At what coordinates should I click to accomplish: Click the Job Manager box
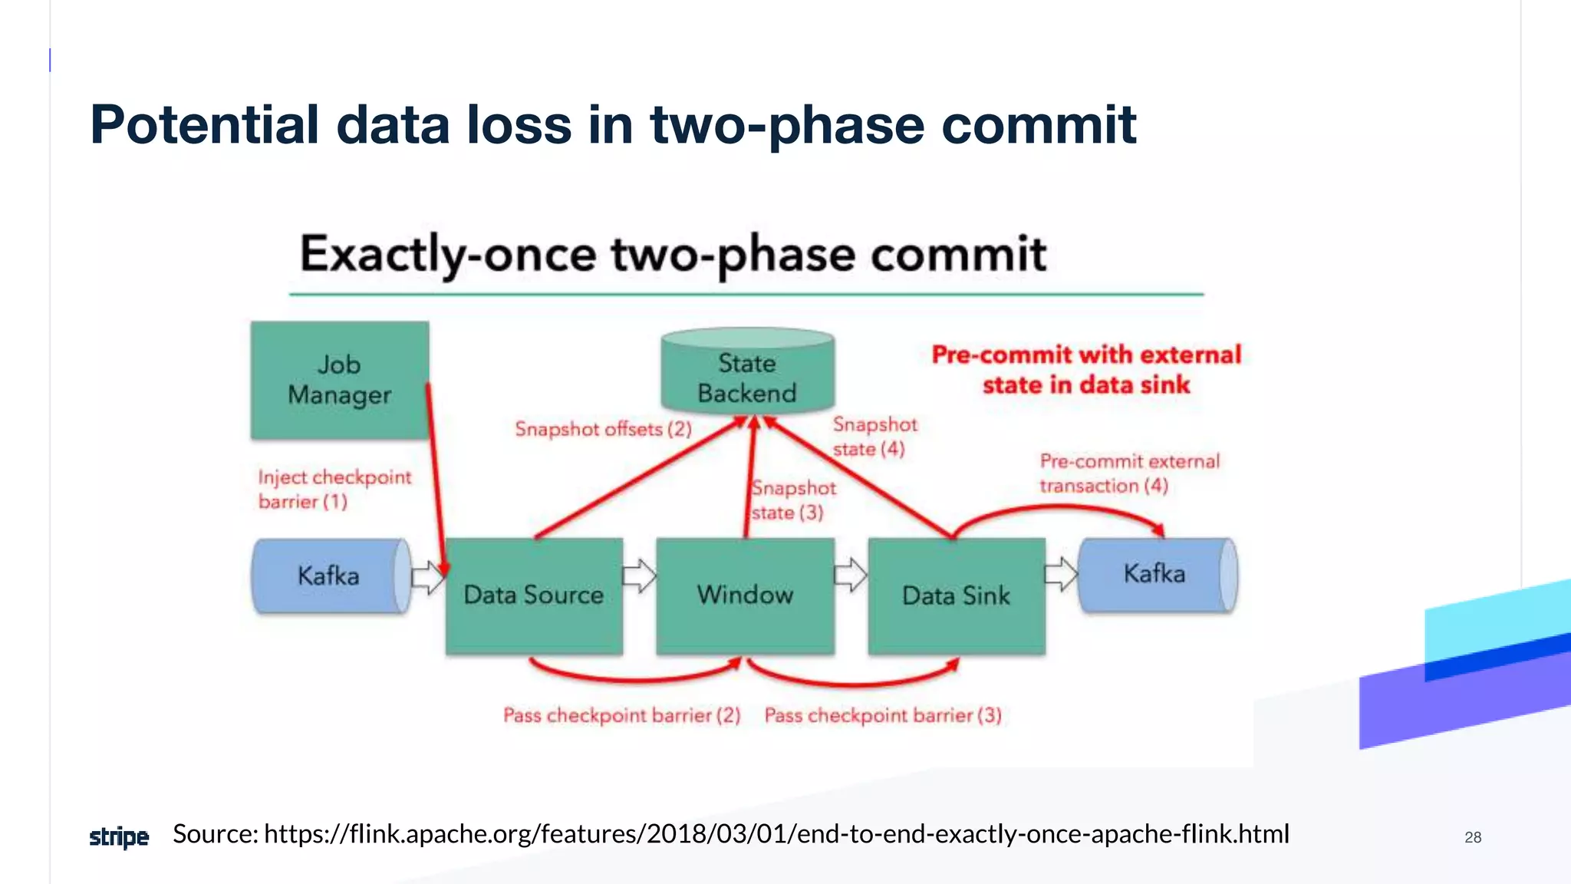pos(339,380)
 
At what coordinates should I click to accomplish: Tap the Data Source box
pos(534,595)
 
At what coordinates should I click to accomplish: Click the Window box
pos(745,595)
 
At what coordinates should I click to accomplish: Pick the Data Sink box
pos(956,595)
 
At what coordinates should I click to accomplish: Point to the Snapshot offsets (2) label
pos(603,429)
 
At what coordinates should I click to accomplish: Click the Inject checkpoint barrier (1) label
pos(334,489)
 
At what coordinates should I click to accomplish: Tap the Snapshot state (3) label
pos(792,500)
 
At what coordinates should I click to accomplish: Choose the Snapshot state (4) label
pos(874,437)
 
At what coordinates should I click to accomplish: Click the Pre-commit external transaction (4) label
pos(1129,473)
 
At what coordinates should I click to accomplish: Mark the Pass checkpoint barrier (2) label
pos(621,715)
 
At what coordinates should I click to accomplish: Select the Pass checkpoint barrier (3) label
pos(883,715)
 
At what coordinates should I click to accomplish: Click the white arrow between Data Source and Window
pos(639,576)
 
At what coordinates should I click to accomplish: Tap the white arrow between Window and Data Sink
pos(850,575)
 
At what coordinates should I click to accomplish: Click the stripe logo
pos(119,836)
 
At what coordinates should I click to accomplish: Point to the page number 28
pos(1472,837)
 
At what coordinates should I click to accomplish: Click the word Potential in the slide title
pos(204,124)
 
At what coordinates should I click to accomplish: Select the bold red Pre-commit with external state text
pos(1086,369)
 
